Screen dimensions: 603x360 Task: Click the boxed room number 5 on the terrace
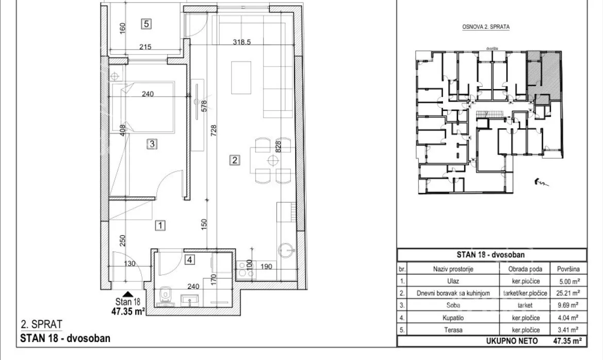[x=146, y=24]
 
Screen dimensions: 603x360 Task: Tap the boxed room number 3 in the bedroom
[x=152, y=144]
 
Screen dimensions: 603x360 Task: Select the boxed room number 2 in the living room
[x=235, y=159]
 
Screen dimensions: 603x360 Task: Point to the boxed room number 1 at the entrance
[x=160, y=225]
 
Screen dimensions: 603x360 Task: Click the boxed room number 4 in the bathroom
[x=190, y=259]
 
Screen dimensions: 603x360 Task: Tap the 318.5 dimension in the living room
[x=241, y=42]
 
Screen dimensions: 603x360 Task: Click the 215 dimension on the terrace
[x=145, y=47]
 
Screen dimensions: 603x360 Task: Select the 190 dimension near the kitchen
[x=266, y=267]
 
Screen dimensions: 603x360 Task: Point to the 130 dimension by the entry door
[x=129, y=264]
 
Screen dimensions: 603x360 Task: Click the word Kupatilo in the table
[x=453, y=318]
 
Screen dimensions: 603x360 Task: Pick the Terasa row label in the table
[x=453, y=330]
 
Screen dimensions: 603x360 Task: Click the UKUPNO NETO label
[x=512, y=341]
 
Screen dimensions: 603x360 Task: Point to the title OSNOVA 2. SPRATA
[x=486, y=27]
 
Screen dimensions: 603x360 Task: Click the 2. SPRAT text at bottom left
[x=41, y=324]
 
